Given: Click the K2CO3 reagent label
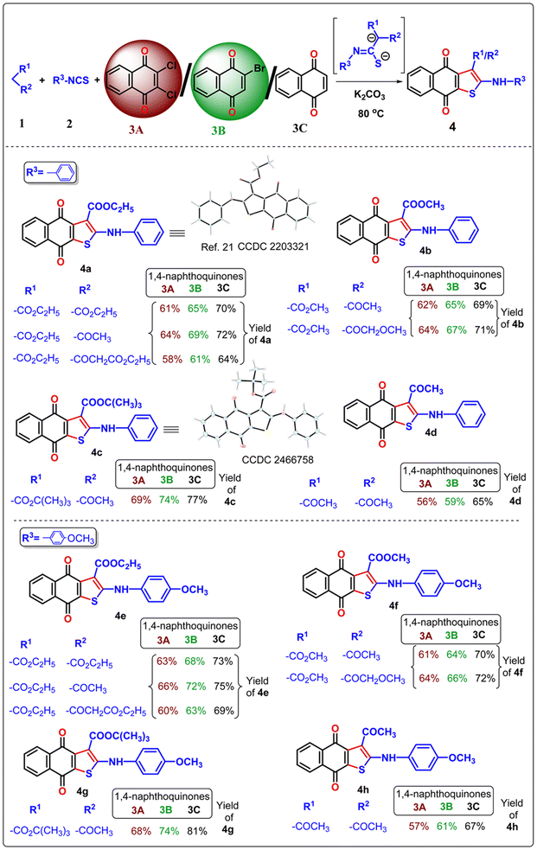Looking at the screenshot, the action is pyautogui.click(x=369, y=95).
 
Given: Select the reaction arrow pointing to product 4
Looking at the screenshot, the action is pyautogui.click(x=370, y=81).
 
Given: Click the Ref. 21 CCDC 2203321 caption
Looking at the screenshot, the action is pyautogui.click(x=255, y=246).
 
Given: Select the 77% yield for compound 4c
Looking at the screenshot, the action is pyautogui.click(x=197, y=499).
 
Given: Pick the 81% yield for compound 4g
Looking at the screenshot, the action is pyautogui.click(x=196, y=830).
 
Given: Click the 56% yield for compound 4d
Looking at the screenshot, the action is pyautogui.click(x=426, y=502).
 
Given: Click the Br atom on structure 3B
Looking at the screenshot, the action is pyautogui.click(x=259, y=68).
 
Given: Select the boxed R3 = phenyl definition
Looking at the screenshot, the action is pyautogui.click(x=50, y=173).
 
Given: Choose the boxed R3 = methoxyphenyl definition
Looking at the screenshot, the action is pyautogui.click(x=59, y=538).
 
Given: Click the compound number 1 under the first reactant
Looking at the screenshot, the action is pyautogui.click(x=22, y=124).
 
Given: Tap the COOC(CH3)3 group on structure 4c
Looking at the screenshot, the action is pyautogui.click(x=112, y=403).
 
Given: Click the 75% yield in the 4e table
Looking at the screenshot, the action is pyautogui.click(x=224, y=686).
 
